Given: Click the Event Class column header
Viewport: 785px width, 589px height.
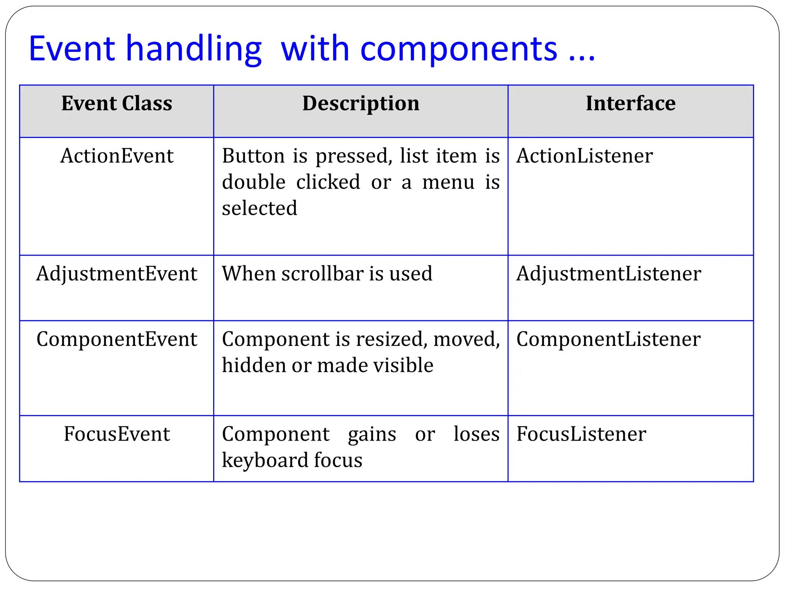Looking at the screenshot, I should [117, 104].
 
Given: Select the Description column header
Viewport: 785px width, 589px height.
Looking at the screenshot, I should [361, 104].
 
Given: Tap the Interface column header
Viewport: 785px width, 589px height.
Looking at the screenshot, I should [631, 104].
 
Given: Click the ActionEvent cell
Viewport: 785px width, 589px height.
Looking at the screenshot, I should [117, 156].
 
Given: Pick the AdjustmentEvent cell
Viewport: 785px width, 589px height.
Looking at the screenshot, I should [117, 274].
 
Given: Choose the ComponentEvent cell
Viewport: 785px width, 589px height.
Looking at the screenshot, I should [117, 339].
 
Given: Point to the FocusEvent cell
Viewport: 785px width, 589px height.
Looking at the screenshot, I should [117, 434].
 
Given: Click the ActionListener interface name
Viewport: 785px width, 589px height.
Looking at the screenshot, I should [584, 156].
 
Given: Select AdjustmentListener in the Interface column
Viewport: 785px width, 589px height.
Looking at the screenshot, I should [608, 274].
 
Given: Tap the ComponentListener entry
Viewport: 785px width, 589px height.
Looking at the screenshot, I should [608, 339].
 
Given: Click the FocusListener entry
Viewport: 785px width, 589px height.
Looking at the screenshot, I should [581, 434].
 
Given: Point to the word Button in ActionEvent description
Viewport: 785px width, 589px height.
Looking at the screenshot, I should [253, 156].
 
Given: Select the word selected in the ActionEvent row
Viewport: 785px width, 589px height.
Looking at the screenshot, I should [259, 208].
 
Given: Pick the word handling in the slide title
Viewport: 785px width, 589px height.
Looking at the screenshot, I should [194, 49].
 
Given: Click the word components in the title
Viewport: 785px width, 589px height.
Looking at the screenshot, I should [458, 49].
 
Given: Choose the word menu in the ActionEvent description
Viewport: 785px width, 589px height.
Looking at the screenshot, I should [448, 182].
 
